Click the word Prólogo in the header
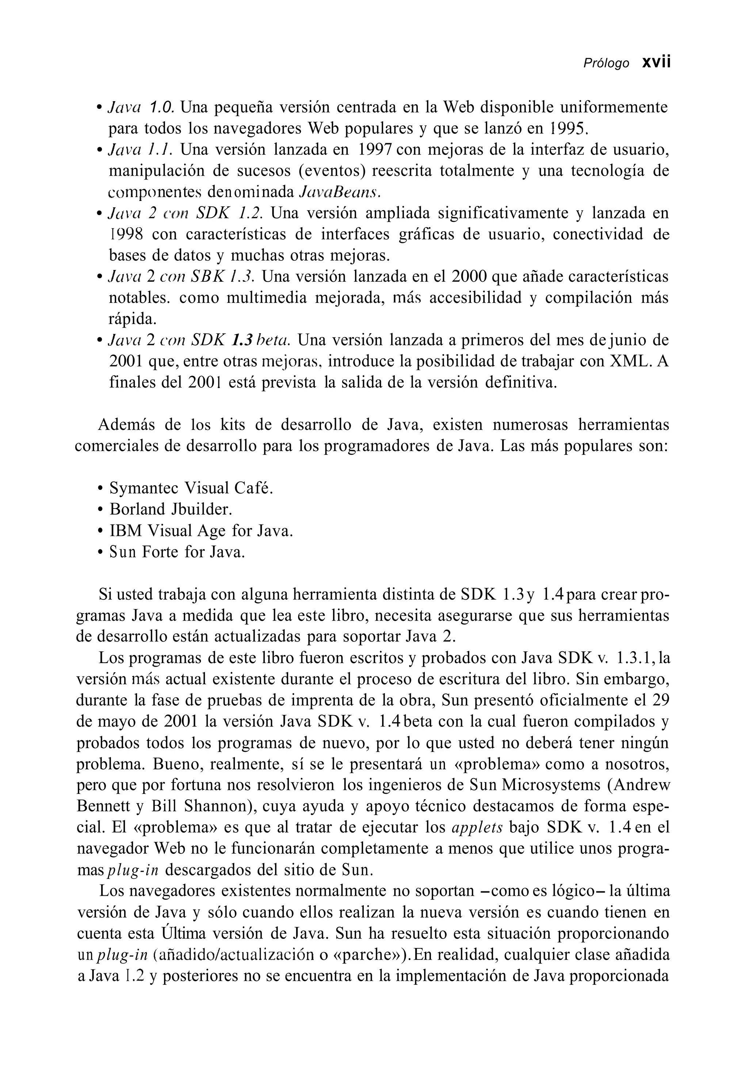click(x=606, y=64)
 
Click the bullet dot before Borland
click(x=100, y=510)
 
